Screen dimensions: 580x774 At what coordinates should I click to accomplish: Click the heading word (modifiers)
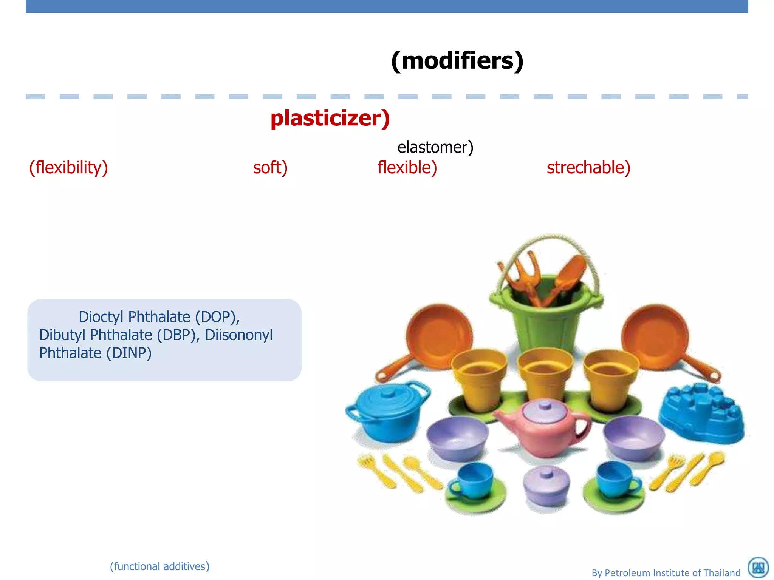(x=457, y=60)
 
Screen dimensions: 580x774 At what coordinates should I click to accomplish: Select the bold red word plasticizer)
(x=330, y=118)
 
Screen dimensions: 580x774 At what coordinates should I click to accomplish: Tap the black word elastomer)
(x=435, y=147)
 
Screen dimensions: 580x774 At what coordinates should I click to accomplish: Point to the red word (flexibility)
(x=68, y=167)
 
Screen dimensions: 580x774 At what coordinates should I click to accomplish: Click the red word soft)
(x=270, y=167)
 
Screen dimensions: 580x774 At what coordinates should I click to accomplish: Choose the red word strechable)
(x=588, y=167)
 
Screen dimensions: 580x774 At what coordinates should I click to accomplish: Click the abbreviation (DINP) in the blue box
(x=128, y=353)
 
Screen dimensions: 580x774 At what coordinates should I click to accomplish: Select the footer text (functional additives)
(x=159, y=566)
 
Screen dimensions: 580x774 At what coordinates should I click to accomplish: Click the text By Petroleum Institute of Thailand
(x=666, y=573)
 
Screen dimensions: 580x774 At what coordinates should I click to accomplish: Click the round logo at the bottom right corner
(x=758, y=568)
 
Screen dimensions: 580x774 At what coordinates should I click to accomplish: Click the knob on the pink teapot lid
(x=545, y=406)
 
